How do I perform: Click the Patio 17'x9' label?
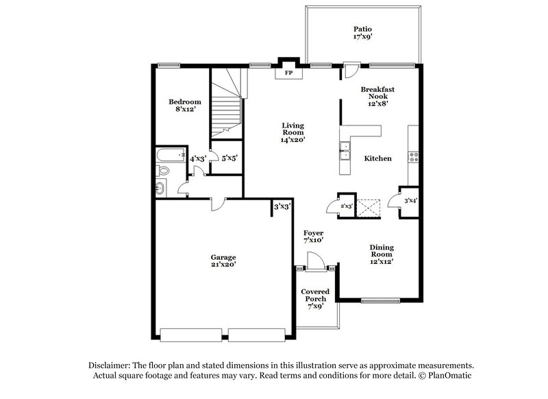click(x=362, y=34)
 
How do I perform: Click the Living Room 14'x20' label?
click(x=292, y=132)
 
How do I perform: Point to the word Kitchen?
click(x=377, y=158)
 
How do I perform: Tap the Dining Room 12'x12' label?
click(x=382, y=256)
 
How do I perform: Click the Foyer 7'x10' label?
click(x=313, y=237)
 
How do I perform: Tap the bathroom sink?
click(x=160, y=188)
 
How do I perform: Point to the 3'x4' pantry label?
click(x=410, y=201)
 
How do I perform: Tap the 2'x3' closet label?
click(x=346, y=206)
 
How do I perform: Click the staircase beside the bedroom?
click(x=226, y=110)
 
